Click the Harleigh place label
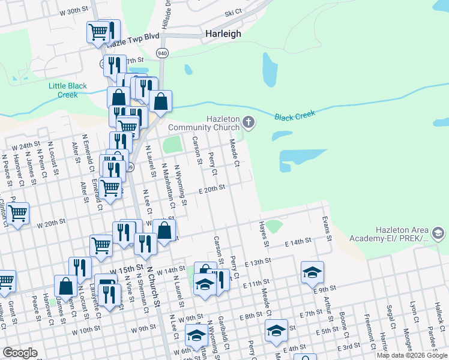click(x=223, y=34)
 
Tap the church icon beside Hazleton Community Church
click(x=249, y=124)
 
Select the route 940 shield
click(x=163, y=53)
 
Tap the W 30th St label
click(x=74, y=11)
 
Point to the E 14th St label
click(x=298, y=241)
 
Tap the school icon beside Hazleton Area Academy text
click(x=438, y=232)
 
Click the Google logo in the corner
click(x=20, y=352)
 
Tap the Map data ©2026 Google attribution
click(x=412, y=355)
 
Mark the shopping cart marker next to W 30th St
click(x=98, y=31)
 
